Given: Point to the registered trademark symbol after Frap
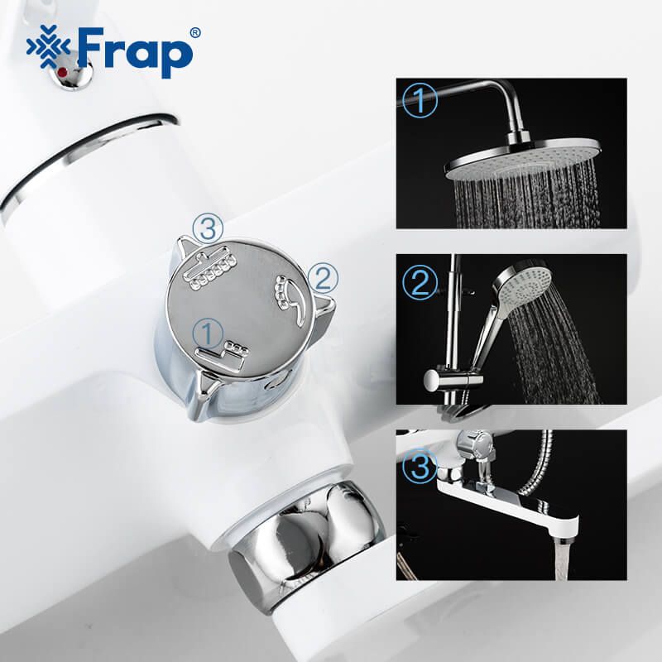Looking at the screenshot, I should tap(194, 33).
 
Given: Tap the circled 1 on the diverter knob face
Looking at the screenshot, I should tap(207, 333).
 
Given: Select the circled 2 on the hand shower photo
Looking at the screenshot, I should tap(420, 282).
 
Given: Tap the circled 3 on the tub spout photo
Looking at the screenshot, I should tap(420, 468).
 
